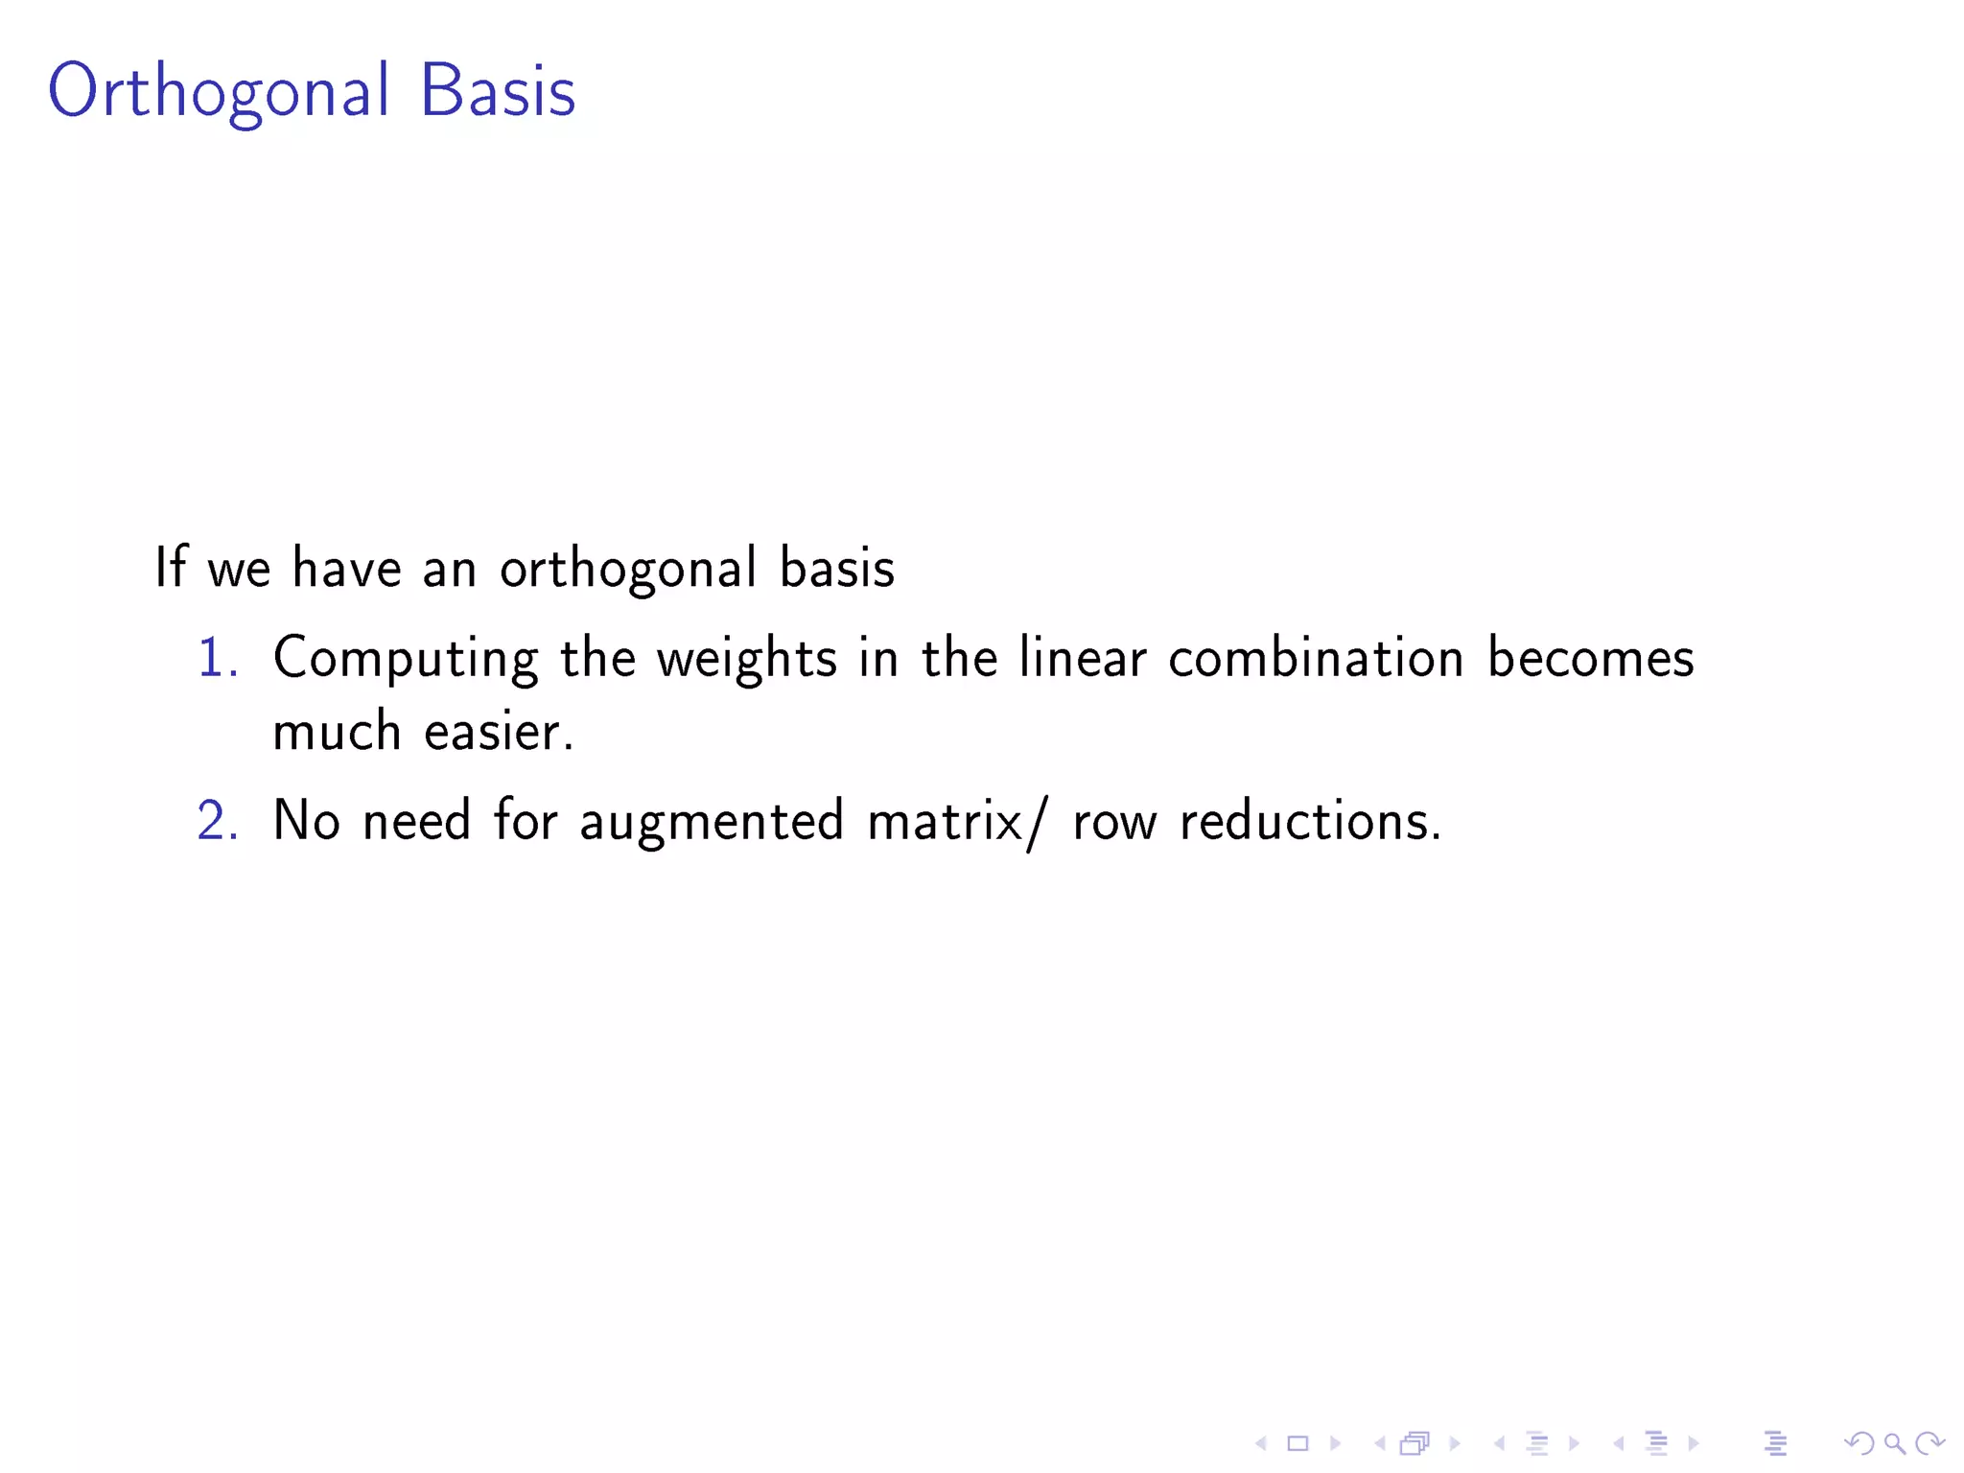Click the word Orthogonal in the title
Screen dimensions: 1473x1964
[x=219, y=91]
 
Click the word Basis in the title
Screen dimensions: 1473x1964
[x=498, y=91]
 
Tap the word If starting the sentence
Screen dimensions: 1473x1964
[x=170, y=567]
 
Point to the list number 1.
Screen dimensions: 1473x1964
[x=216, y=659]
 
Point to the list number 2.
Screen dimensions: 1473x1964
[x=217, y=822]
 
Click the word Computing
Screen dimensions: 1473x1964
[x=405, y=660]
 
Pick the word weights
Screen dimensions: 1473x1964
[x=746, y=660]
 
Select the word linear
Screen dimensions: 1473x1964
[x=1082, y=658]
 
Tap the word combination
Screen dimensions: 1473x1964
[x=1316, y=658]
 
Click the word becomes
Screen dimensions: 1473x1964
[x=1590, y=658]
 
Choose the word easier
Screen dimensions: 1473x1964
[x=498, y=732]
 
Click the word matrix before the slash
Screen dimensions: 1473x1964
[x=945, y=822]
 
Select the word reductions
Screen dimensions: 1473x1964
[x=1309, y=822]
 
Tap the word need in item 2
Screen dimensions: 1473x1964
[x=416, y=822]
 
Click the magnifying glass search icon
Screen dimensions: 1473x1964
[x=1894, y=1443]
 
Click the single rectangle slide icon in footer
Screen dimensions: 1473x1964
[x=1298, y=1443]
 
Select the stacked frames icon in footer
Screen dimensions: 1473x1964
[x=1415, y=1443]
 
